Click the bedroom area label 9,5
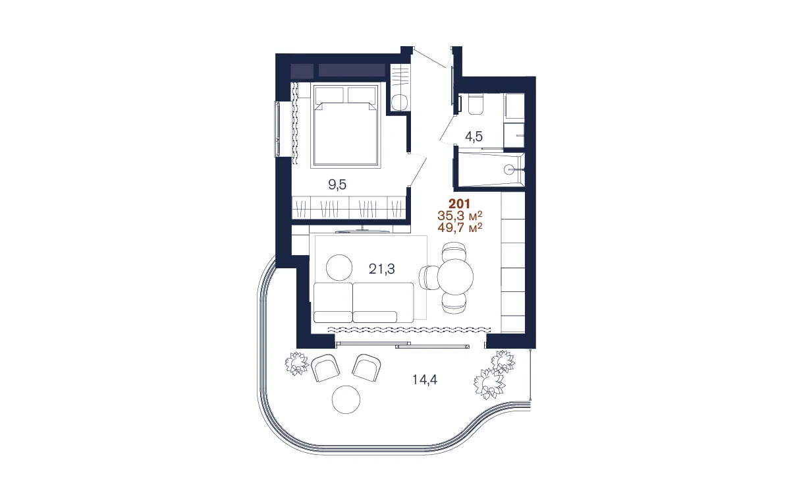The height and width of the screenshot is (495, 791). pos(337,185)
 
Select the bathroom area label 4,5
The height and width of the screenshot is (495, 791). pos(474,137)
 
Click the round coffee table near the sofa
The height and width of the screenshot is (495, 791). pos(341,267)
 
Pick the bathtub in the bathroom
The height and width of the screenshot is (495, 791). pos(490,169)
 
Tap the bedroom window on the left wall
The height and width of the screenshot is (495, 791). pos(277,129)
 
